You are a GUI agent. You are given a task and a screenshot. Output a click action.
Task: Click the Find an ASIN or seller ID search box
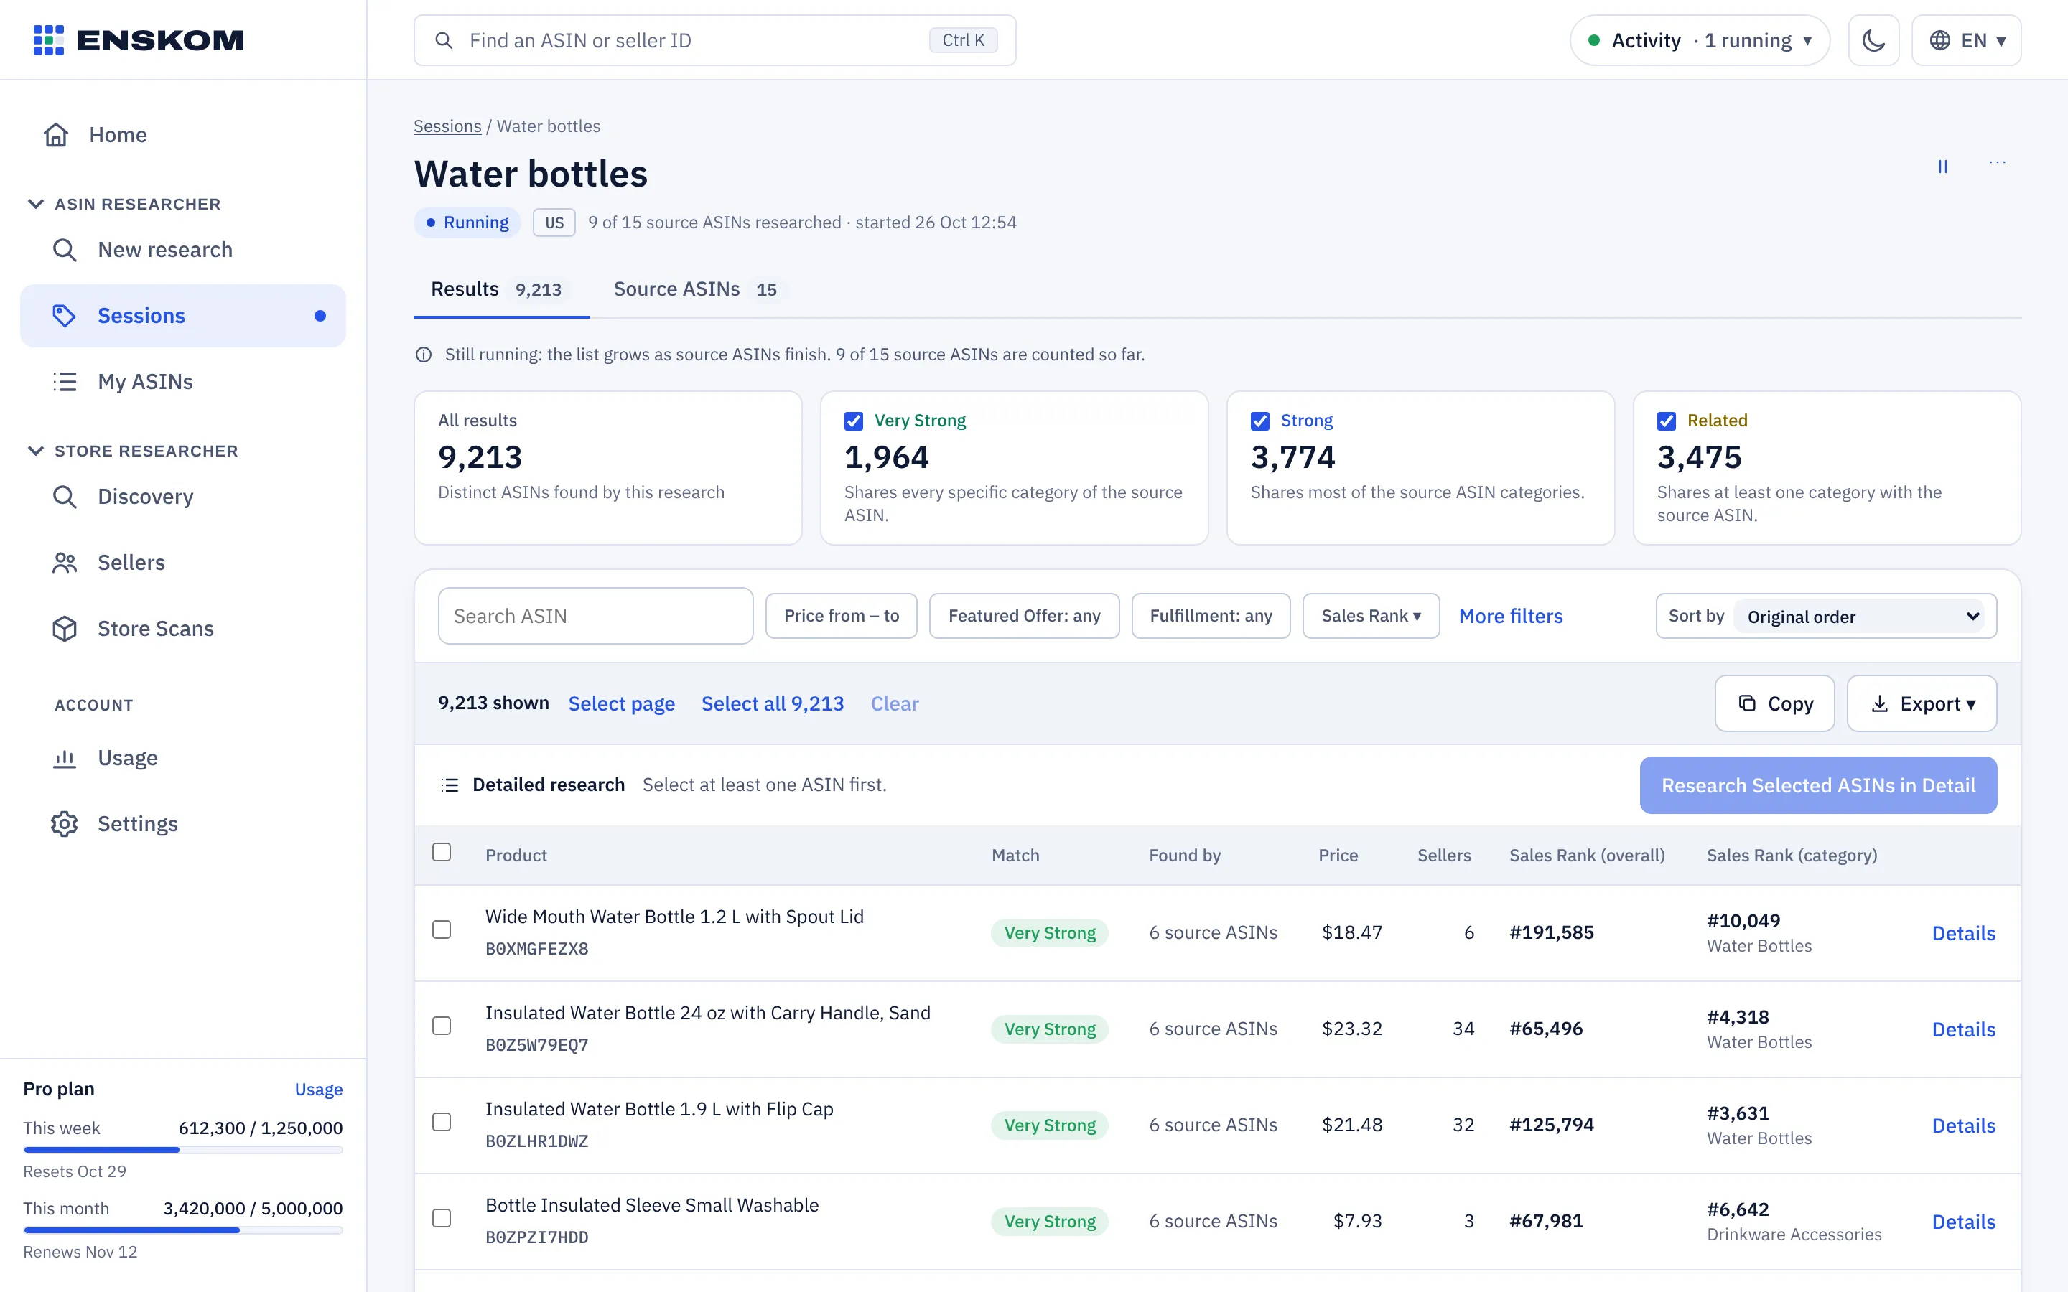[714, 40]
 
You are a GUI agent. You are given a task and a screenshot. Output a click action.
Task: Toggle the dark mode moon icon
[1873, 40]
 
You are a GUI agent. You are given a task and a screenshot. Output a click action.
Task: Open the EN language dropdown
[1966, 40]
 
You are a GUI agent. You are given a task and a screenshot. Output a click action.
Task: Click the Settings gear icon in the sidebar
[64, 824]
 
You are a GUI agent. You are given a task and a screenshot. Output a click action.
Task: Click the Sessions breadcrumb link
[447, 126]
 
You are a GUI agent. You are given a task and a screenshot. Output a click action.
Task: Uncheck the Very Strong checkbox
[853, 421]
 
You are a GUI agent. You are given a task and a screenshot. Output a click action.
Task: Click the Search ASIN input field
[595, 616]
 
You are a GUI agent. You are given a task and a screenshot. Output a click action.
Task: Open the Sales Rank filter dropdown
[1371, 616]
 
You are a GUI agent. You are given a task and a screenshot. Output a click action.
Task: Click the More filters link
[1510, 616]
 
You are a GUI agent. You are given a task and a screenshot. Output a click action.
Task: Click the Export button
[1921, 703]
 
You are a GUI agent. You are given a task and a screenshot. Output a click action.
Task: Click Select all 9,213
[773, 703]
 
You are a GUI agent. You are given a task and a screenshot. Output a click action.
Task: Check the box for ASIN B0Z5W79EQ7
[442, 1026]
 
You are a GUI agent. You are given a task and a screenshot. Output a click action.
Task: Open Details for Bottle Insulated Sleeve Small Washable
[1963, 1222]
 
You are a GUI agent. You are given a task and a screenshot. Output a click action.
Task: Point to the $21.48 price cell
[1352, 1125]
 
